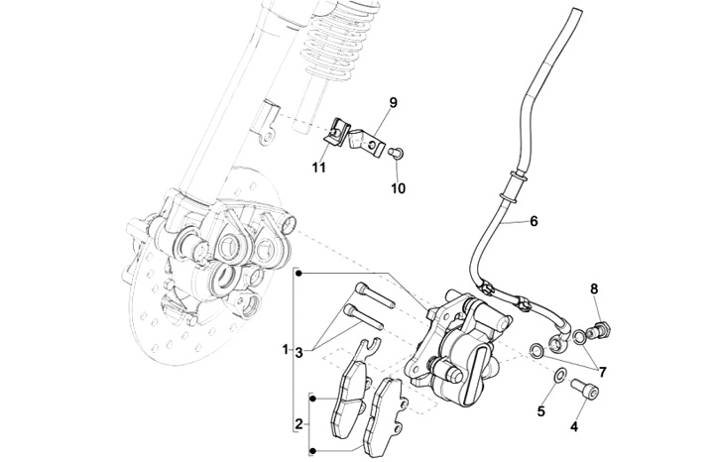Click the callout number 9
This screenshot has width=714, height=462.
pyautogui.click(x=393, y=102)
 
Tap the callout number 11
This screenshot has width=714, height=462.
pyautogui.click(x=320, y=170)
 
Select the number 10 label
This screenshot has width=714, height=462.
pyautogui.click(x=399, y=187)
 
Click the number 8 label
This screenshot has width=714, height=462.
pyautogui.click(x=595, y=289)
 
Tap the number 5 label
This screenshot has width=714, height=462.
pyautogui.click(x=542, y=410)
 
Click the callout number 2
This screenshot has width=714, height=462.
pyautogui.click(x=298, y=424)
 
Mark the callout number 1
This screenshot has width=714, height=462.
pyautogui.click(x=285, y=350)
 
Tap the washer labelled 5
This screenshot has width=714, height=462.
pyautogui.click(x=558, y=376)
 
